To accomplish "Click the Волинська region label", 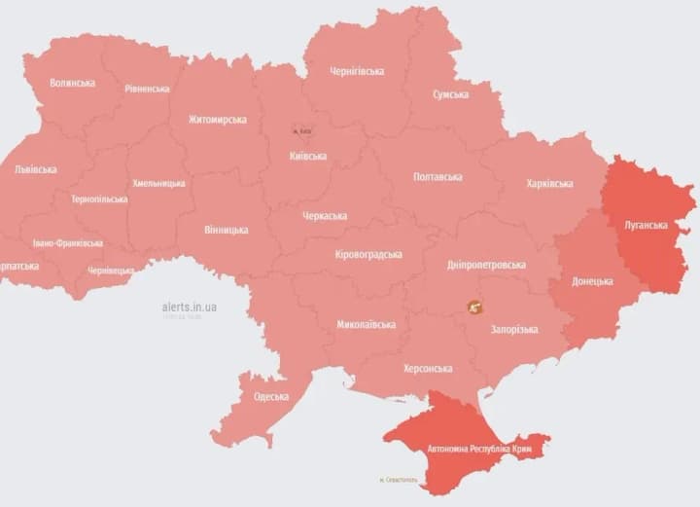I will point(72,83).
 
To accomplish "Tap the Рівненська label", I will point(147,89).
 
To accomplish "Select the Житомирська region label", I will point(217,120).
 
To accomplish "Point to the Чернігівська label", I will point(357,71).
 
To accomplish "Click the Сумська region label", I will point(451,94).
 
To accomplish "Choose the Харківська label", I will point(549,183).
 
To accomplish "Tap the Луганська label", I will point(646,225).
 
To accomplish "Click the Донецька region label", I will point(592,281).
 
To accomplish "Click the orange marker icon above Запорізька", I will point(475,308).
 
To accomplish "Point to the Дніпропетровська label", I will point(489,265).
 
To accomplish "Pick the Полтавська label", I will point(437,177).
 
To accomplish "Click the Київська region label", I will point(308,156).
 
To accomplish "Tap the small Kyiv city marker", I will point(302,130).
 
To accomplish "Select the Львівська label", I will point(36,169).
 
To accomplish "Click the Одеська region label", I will point(271,396).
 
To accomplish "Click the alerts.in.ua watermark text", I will point(190,307).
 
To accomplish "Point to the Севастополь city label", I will point(399,480).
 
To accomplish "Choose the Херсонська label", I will point(428,369).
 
